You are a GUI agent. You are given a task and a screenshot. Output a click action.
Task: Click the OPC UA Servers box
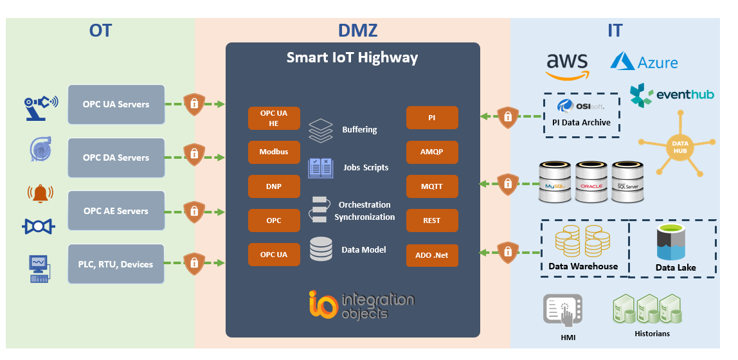[116, 104]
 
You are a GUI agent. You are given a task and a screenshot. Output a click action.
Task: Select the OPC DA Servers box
[116, 157]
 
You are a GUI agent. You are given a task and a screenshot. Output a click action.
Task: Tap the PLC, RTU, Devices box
[116, 264]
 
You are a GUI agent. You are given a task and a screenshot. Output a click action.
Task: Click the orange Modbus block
[273, 152]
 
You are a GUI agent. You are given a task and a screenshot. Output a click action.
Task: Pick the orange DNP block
[273, 186]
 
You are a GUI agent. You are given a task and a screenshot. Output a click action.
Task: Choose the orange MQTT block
[432, 186]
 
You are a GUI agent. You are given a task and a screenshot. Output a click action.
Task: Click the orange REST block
[432, 221]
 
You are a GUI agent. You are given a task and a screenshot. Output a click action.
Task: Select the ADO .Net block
[432, 255]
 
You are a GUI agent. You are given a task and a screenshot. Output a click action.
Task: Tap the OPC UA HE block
[273, 118]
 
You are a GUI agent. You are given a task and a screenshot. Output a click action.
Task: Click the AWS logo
[567, 65]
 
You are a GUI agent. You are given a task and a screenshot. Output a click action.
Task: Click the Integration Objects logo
[361, 305]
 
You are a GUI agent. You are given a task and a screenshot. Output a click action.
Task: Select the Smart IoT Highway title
[352, 58]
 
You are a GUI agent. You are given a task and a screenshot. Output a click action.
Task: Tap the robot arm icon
[40, 105]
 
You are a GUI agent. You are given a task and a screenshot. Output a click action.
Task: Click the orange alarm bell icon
[40, 193]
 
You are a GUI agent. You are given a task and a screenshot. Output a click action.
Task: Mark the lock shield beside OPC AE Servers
[193, 210]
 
